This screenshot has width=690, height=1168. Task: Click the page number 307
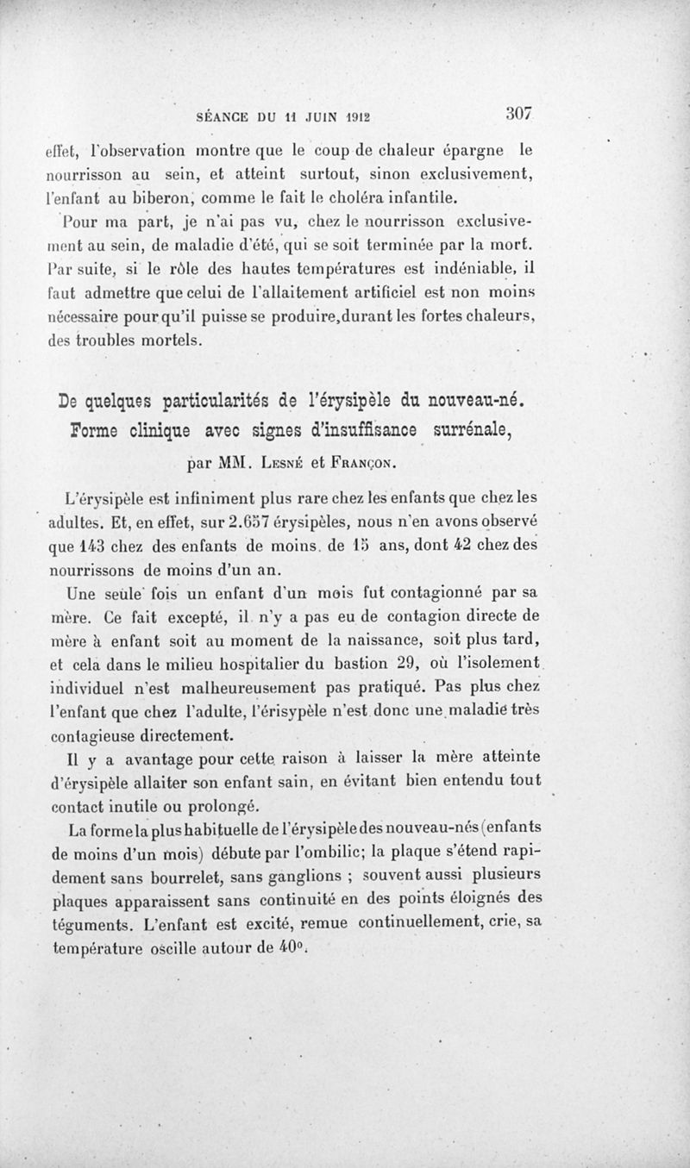point(522,113)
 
